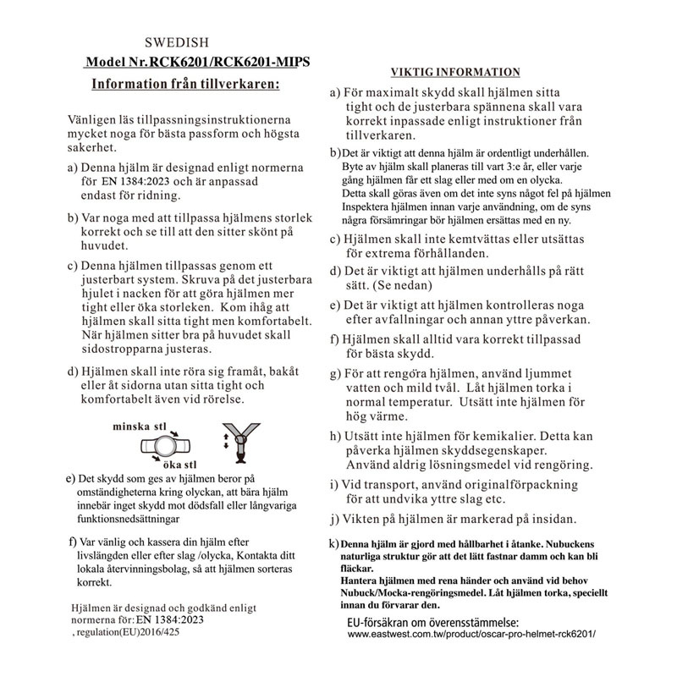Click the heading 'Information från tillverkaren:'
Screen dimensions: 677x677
click(x=184, y=85)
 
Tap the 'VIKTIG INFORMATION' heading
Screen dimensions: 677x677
click(x=454, y=72)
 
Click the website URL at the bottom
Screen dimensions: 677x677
click(x=477, y=634)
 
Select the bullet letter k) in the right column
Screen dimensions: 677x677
click(x=333, y=542)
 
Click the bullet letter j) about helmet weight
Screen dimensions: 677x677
click(x=334, y=518)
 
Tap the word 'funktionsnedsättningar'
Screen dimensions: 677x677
click(x=129, y=517)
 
